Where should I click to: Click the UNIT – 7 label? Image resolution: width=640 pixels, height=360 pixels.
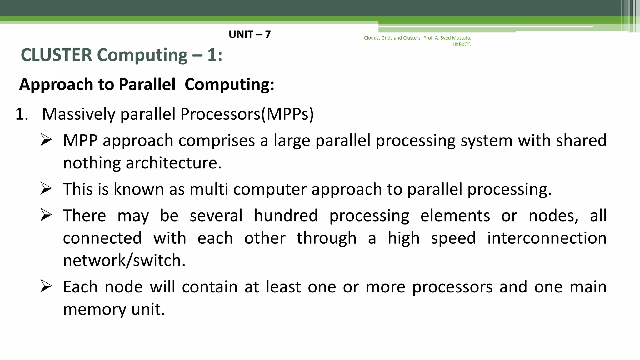coord(250,34)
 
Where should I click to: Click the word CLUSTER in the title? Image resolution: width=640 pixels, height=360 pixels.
coord(57,55)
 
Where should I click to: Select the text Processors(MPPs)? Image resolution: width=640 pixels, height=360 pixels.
coord(247,114)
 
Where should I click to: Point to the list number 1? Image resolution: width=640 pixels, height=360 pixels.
coord(22,114)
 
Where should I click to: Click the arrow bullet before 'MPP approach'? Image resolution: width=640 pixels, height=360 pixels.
coord(46,140)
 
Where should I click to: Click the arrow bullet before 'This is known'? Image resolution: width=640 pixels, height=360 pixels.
coord(46,189)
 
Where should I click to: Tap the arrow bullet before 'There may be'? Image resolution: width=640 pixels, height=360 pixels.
coord(46,215)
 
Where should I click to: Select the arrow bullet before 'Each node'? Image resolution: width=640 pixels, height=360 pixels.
coord(46,286)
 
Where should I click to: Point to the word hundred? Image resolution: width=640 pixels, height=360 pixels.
coord(286,216)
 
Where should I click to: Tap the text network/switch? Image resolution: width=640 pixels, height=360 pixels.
coord(124,260)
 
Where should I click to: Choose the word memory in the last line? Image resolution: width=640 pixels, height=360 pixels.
coord(94,309)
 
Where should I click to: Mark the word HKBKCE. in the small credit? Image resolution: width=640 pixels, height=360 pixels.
coord(462,44)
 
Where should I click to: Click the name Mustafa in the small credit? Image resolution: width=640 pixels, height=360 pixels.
coord(461,38)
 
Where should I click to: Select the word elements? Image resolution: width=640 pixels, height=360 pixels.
coord(455,216)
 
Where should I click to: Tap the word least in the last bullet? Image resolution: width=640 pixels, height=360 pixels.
coord(283,287)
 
